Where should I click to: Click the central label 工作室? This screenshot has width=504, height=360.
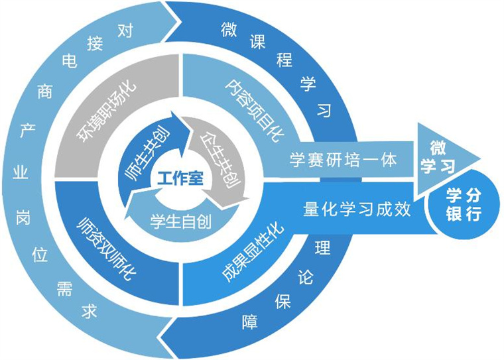tap(180, 179)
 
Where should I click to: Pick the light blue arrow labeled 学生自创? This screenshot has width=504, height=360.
tap(181, 220)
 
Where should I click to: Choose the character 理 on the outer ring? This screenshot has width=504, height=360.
tap(323, 248)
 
